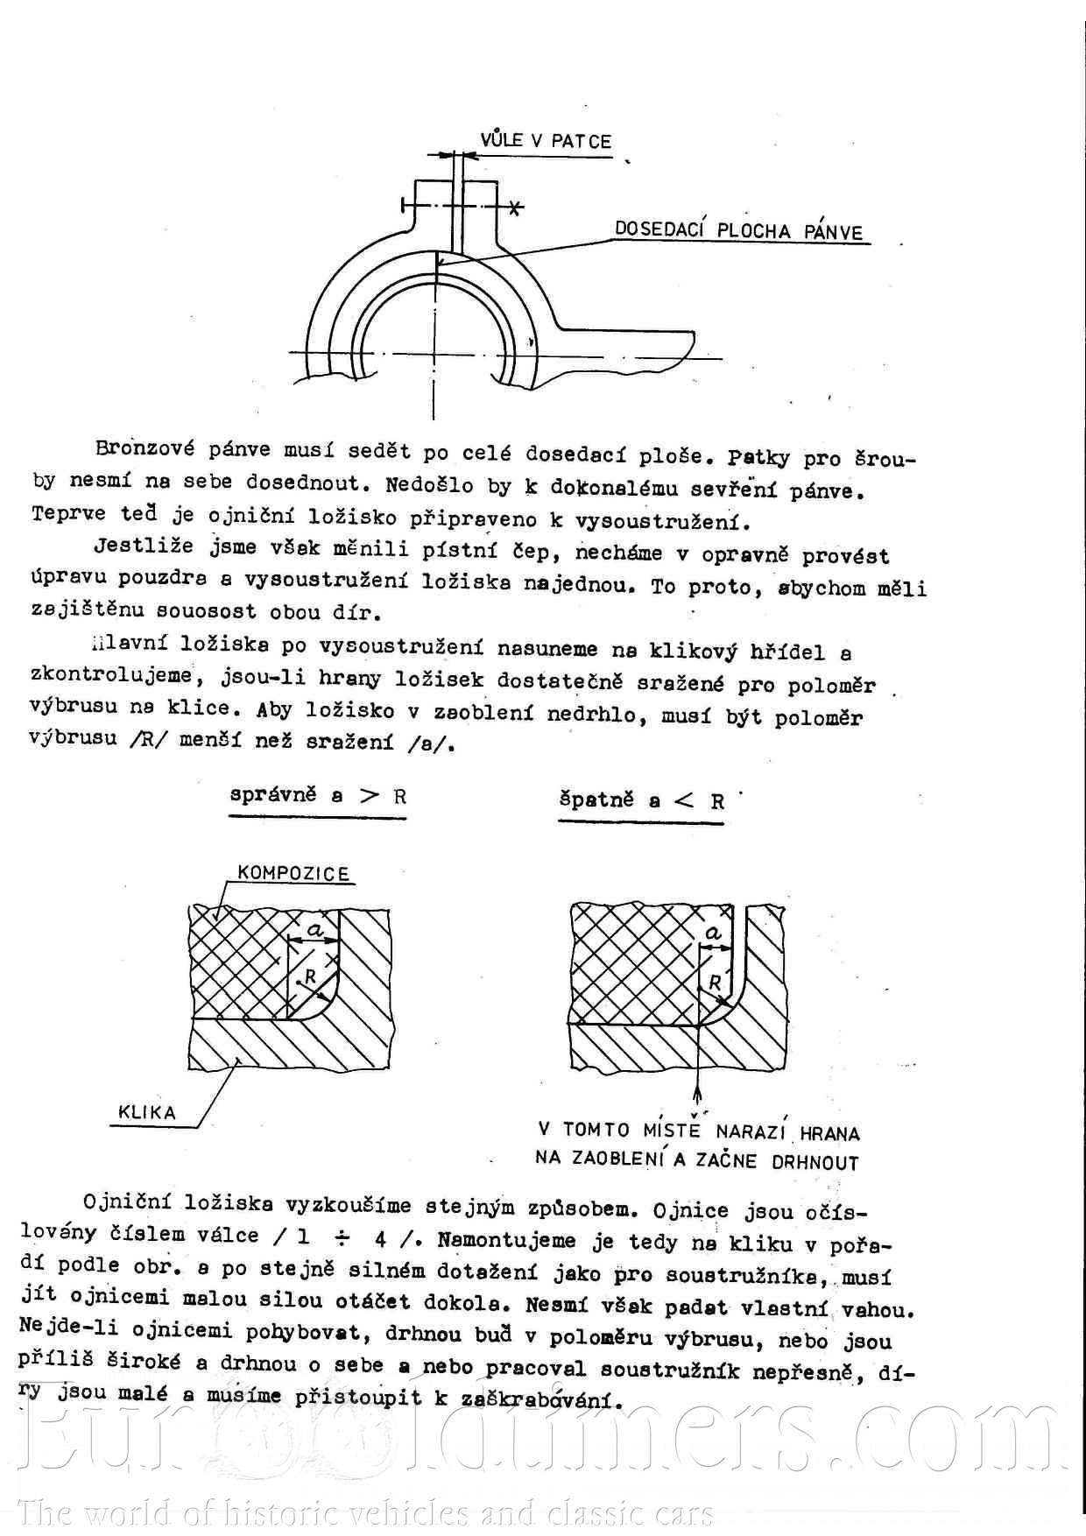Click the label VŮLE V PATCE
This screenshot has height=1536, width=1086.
click(545, 141)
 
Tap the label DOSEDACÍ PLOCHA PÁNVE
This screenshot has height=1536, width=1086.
click(738, 231)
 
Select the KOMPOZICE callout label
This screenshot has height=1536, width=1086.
click(293, 873)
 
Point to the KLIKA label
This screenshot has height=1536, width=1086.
click(147, 1113)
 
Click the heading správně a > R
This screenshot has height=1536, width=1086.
click(318, 796)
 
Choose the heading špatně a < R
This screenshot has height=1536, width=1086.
click(641, 800)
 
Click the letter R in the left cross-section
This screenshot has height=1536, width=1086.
click(310, 976)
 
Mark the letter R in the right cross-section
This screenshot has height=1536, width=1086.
click(715, 983)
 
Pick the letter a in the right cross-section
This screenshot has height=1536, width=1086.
click(714, 934)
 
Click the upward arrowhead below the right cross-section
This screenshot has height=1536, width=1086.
click(697, 1094)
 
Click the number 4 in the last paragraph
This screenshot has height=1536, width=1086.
click(380, 1239)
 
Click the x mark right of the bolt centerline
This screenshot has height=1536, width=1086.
click(516, 208)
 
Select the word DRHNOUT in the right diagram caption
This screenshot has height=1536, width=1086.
click(814, 1163)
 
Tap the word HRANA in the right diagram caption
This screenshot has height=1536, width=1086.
click(829, 1133)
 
